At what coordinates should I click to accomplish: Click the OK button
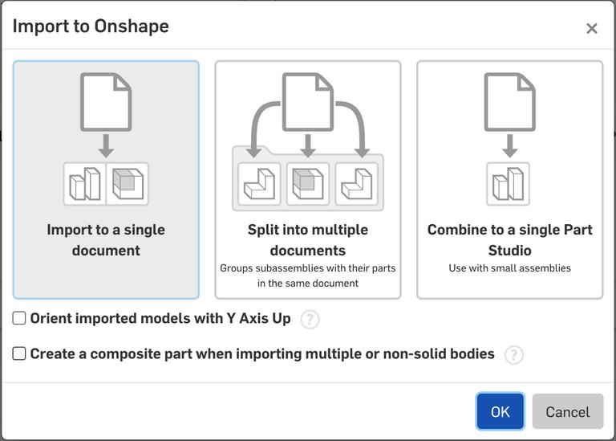click(500, 411)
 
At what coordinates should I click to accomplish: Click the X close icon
click(592, 29)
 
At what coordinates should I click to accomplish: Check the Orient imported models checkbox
click(19, 318)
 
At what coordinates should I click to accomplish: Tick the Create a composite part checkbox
click(19, 353)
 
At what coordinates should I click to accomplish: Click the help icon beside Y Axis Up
click(310, 320)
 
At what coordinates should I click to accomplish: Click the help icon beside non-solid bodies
click(513, 355)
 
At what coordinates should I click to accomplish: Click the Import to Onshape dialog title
click(91, 26)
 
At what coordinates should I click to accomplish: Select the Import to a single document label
click(106, 239)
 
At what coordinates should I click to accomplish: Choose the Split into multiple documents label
click(308, 239)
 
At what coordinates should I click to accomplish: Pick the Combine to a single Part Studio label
click(509, 239)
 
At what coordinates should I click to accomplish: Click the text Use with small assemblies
click(509, 268)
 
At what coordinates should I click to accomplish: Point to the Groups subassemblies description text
click(308, 276)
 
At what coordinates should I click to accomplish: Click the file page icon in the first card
click(106, 102)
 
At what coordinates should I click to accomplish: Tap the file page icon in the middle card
click(308, 102)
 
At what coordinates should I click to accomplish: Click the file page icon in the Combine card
click(509, 102)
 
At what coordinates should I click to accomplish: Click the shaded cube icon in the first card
click(127, 184)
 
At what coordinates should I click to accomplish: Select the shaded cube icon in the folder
click(308, 184)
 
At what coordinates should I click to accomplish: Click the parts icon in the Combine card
click(509, 184)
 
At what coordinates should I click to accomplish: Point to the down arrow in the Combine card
click(509, 146)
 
